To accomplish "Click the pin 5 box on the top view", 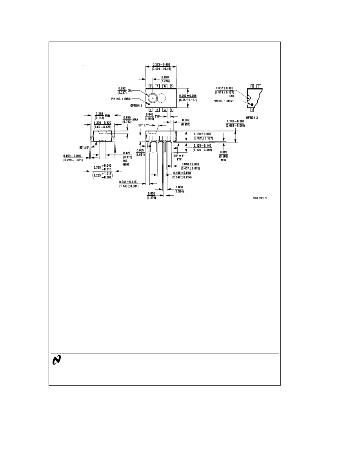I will coord(172,86).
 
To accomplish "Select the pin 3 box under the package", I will coord(165,110).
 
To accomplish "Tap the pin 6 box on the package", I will coord(165,86).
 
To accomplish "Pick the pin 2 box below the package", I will coord(158,110).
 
